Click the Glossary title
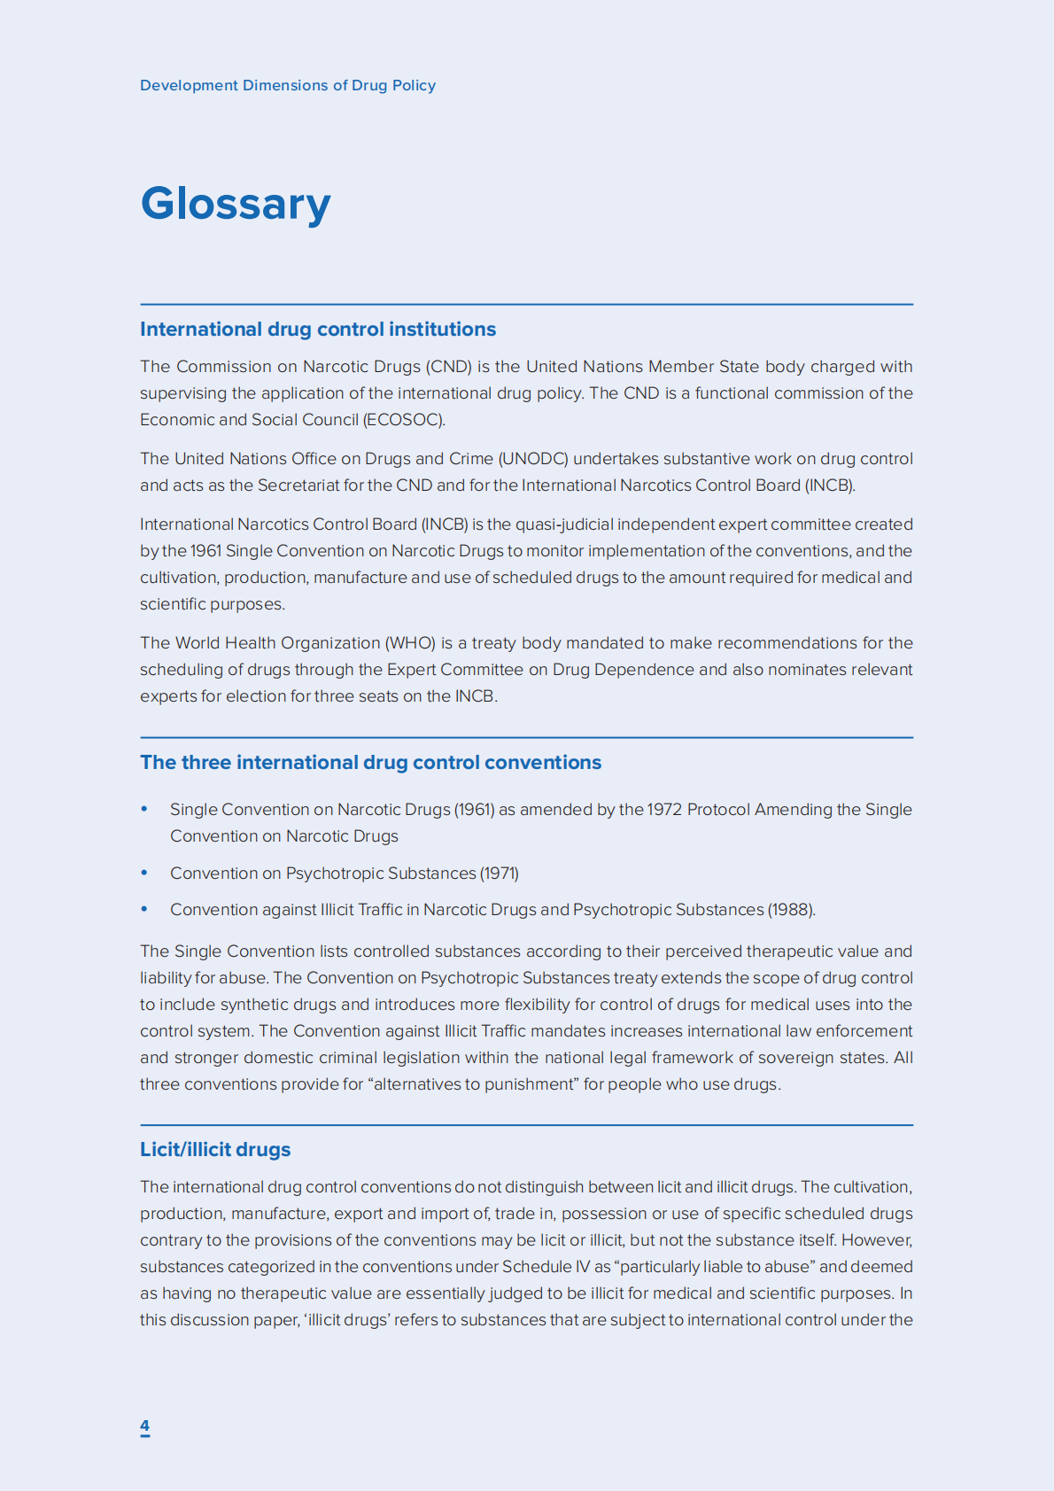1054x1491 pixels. (236, 204)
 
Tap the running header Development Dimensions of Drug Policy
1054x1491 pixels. (288, 86)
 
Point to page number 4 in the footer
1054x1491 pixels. (144, 1425)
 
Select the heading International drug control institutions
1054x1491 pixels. (318, 330)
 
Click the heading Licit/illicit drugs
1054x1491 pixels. (215, 1150)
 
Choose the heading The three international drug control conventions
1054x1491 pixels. (370, 763)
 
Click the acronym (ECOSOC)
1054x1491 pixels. (404, 420)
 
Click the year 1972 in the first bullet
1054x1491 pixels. (665, 810)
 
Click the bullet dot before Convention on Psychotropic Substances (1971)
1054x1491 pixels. (144, 873)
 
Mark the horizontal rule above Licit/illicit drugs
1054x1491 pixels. (526, 1125)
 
